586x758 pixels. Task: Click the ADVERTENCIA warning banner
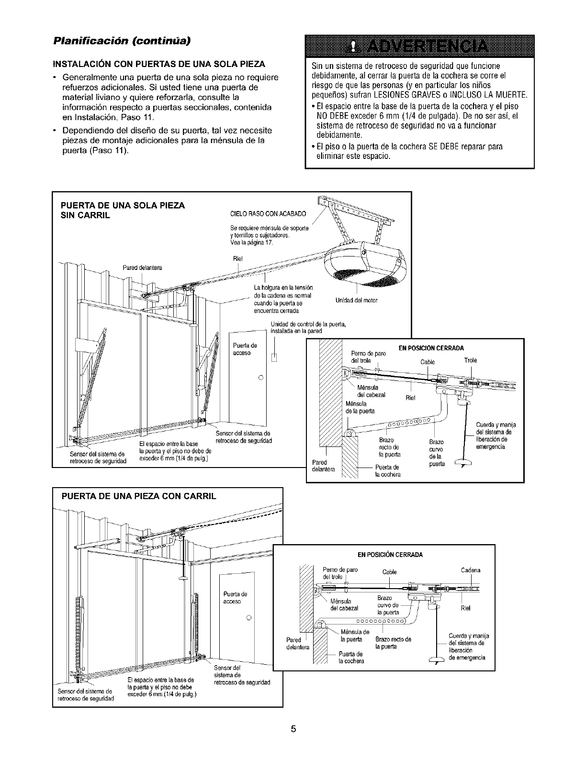click(419, 47)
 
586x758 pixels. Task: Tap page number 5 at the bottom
click(293, 729)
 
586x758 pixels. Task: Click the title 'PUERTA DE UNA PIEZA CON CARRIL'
click(139, 496)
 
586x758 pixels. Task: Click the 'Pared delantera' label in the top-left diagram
click(143, 268)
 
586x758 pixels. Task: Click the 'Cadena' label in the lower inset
click(470, 570)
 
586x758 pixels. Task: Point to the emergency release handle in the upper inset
click(462, 462)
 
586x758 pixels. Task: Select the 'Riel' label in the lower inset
click(465, 609)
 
